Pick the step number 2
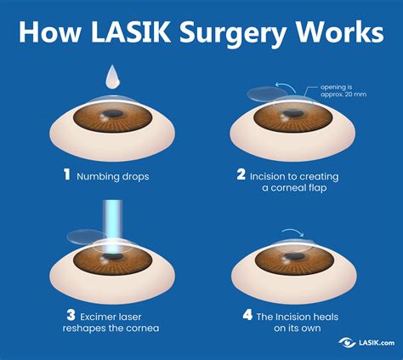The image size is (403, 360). tap(241, 175)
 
